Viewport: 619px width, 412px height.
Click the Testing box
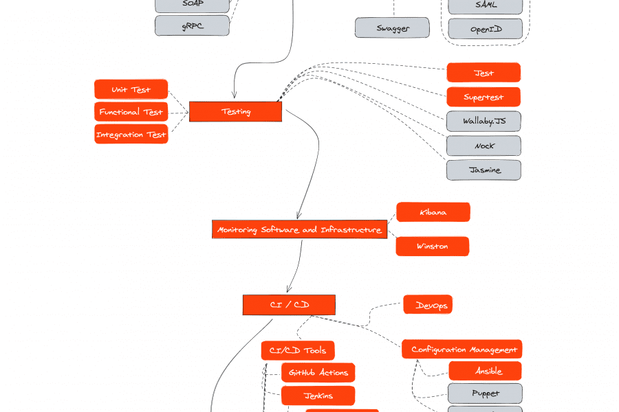coord(235,112)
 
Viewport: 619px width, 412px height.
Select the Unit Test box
coord(131,90)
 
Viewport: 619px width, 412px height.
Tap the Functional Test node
coord(131,112)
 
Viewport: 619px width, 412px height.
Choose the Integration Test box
coord(131,135)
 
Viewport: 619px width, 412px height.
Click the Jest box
coord(484,73)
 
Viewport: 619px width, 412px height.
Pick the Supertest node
coord(484,97)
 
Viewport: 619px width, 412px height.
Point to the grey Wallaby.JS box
coord(484,122)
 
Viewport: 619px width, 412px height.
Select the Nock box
coord(484,146)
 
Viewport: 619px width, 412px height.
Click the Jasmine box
coord(484,170)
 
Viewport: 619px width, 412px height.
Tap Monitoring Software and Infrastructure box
coord(299,229)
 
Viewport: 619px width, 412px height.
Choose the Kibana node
coord(433,212)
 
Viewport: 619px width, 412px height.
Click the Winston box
coord(432,246)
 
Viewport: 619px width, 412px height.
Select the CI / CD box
coord(289,305)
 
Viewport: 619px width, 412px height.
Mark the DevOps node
coord(428,305)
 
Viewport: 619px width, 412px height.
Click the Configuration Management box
coord(463,350)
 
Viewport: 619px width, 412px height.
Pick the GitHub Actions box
coord(318,373)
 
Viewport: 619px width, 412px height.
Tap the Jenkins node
coord(318,396)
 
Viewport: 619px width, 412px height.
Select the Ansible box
coord(485,371)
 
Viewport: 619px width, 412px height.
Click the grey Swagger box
coord(392,28)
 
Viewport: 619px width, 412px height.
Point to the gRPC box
coord(192,26)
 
